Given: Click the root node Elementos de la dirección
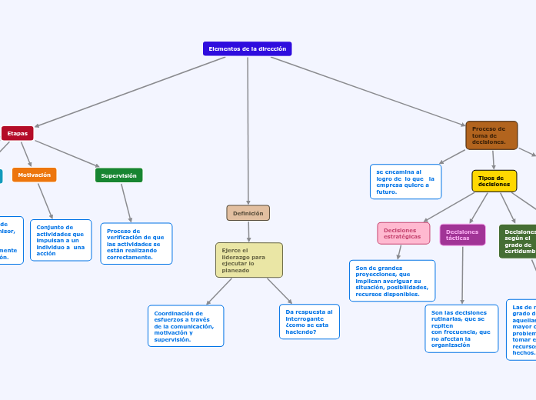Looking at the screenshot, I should click(247, 48).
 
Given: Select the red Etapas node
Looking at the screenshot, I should click(17, 133).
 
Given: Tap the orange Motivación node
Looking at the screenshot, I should click(34, 175).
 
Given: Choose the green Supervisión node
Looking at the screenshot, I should click(118, 175).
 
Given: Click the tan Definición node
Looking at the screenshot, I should click(248, 213).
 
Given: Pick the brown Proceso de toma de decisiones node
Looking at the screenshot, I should click(491, 135).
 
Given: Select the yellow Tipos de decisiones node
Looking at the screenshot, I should click(494, 182).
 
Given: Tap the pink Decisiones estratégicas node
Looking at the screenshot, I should click(403, 233).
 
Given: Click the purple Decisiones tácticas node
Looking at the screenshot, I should click(462, 235).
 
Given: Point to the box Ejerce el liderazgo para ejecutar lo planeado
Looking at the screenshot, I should click(248, 260).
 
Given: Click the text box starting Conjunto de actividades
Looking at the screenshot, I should click(61, 240).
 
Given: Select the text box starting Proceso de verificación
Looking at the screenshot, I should click(136, 244).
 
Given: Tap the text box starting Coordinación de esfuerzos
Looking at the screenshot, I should click(185, 326).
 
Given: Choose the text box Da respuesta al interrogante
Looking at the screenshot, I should click(309, 322).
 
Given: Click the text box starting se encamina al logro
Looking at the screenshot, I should click(405, 182).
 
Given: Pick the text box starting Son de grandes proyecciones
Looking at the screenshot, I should click(391, 281).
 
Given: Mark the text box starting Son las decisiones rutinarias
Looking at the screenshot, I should click(461, 328).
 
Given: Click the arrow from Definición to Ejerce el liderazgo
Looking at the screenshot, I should click(248, 232).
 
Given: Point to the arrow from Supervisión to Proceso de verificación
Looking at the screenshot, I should click(126, 202).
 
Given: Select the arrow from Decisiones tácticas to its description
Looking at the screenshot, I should click(463, 275).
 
